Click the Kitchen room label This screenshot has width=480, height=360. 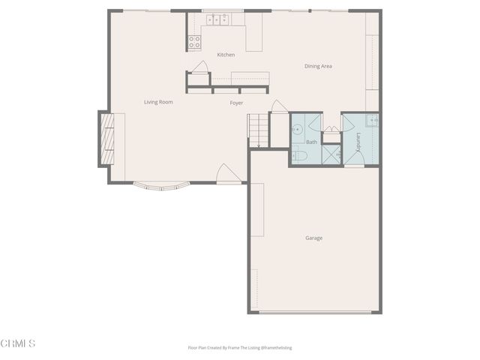(226, 55)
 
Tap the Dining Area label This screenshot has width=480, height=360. (318, 66)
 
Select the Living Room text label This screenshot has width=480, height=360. (158, 101)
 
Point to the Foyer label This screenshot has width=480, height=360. (236, 103)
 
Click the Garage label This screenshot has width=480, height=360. (313, 238)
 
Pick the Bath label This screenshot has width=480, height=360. (311, 142)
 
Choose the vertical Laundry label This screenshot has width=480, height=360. (358, 141)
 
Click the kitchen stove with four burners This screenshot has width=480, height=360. (194, 42)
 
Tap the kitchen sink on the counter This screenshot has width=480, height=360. (218, 20)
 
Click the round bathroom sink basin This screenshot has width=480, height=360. (297, 127)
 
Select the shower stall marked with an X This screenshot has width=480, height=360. (331, 153)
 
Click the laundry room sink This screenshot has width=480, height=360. (372, 121)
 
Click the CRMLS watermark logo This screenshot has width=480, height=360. (19, 343)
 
